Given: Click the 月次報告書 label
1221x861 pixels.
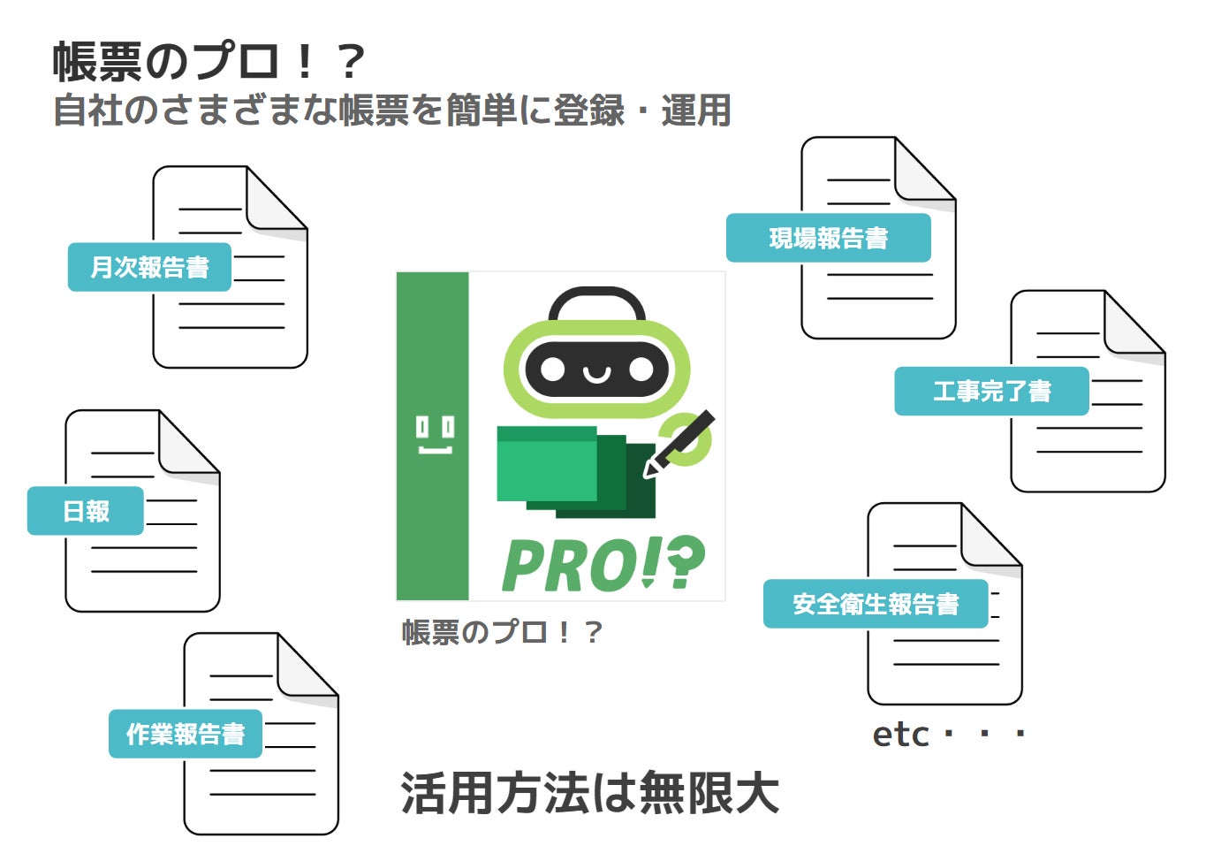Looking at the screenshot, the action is tap(149, 267).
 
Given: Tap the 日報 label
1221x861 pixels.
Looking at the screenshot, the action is tap(86, 511).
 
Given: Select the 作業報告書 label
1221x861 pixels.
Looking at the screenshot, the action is tap(186, 734).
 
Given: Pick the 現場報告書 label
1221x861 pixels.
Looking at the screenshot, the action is tap(828, 238).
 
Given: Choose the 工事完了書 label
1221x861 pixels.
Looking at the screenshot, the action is tap(991, 391).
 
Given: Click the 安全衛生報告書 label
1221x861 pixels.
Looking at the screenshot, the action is tap(875, 604).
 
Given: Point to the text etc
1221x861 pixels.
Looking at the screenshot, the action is tap(900, 735).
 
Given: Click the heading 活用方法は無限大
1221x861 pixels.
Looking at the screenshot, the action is tap(589, 793).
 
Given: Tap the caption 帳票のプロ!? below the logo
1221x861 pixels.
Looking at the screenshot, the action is tap(502, 632).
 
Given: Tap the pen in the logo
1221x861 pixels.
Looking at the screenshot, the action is tap(680, 443).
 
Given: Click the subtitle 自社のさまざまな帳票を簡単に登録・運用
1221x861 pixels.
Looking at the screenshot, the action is tap(392, 111).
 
